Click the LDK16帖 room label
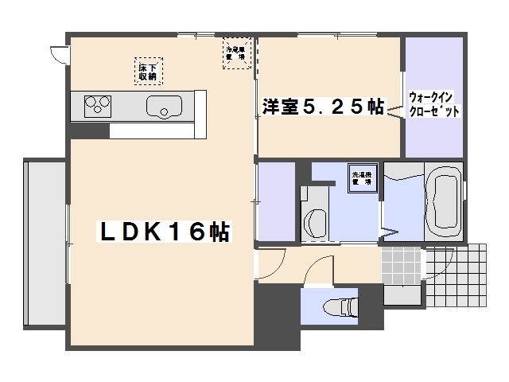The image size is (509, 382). (164, 232)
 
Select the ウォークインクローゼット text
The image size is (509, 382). (433, 104)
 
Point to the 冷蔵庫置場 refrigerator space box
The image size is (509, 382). (235, 53)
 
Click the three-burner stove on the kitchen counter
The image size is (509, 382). (98, 104)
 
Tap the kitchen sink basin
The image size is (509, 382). (164, 105)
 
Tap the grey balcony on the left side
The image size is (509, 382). (45, 243)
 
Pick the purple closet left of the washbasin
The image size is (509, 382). (276, 200)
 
